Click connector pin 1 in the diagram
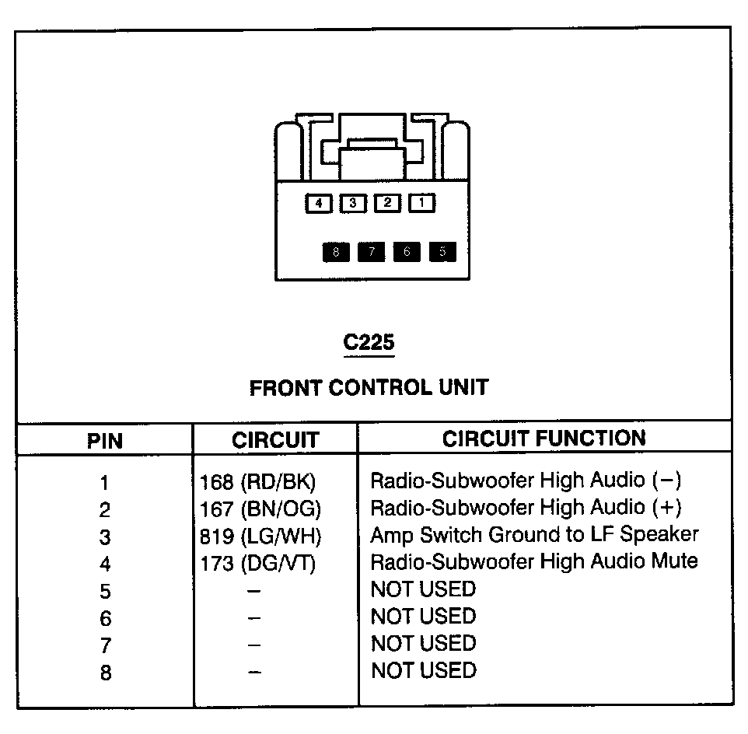point(422,204)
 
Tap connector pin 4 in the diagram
point(318,204)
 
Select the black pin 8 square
point(336,252)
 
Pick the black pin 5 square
point(442,252)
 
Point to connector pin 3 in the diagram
point(353,204)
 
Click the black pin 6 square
point(407,252)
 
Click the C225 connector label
point(369,343)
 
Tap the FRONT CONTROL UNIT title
point(369,387)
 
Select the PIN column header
point(105,441)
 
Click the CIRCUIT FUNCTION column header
point(544,439)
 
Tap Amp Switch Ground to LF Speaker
point(534,535)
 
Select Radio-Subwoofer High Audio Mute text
point(534,561)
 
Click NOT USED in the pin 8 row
point(424,670)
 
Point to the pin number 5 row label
point(105,592)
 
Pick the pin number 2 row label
point(105,510)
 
